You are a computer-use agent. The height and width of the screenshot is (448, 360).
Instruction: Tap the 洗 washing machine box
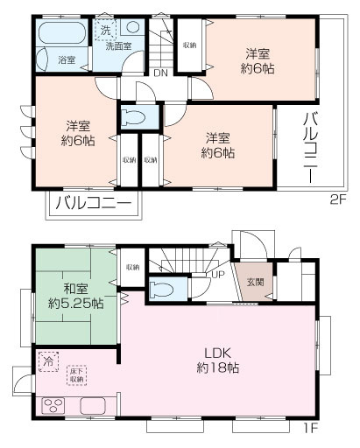click(x=105, y=28)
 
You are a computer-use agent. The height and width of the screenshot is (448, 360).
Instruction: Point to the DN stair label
click(x=160, y=73)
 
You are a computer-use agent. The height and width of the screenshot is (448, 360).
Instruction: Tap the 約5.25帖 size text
click(x=74, y=304)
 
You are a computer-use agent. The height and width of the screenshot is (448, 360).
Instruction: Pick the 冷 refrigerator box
click(x=47, y=359)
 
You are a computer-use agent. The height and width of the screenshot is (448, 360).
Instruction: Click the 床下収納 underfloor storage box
click(x=76, y=377)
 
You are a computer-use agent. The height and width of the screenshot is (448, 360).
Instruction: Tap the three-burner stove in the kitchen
click(x=54, y=406)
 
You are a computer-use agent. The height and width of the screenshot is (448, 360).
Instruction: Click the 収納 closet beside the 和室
click(x=132, y=267)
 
